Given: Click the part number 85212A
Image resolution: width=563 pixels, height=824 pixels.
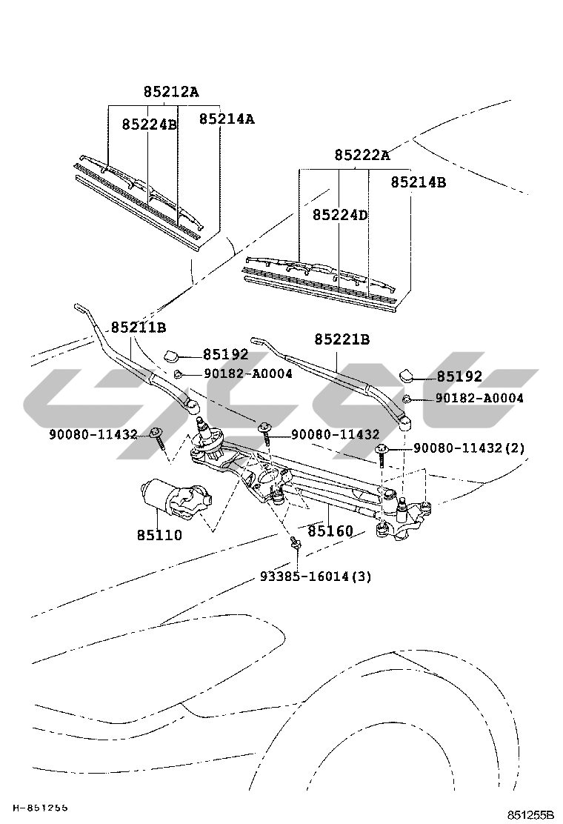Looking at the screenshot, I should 170,92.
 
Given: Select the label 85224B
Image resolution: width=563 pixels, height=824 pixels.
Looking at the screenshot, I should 149,124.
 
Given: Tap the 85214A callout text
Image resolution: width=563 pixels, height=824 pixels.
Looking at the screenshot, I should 226,119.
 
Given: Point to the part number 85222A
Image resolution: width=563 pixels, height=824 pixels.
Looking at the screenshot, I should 362,155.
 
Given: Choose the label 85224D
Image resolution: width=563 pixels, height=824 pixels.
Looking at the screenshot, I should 340,215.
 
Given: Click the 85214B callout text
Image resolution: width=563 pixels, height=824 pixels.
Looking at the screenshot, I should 419,182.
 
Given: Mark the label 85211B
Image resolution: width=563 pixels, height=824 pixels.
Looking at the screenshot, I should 139,328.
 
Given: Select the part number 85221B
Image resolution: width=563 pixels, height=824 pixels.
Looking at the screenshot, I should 342,339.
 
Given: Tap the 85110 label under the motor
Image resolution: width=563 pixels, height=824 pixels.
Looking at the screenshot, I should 159,534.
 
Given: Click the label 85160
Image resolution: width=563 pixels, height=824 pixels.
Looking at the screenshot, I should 330,531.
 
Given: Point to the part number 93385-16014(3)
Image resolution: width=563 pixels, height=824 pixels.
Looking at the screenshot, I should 316,576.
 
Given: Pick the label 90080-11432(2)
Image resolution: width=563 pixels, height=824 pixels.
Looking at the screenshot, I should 469,448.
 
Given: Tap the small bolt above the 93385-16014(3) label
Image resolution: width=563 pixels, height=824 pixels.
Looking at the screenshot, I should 294,543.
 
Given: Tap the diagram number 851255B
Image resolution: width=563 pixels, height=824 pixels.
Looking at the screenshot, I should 530,814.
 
